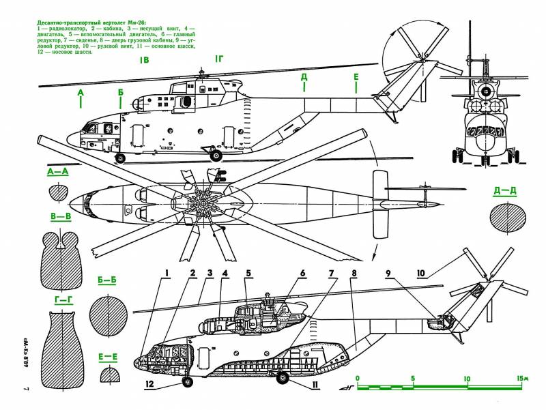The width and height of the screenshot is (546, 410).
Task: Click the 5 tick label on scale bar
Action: (412, 378)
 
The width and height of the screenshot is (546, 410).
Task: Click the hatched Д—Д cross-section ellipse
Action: (508, 218)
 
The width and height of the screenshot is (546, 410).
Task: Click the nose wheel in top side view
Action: (121, 158)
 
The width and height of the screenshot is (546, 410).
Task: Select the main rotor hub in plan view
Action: (204, 203)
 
